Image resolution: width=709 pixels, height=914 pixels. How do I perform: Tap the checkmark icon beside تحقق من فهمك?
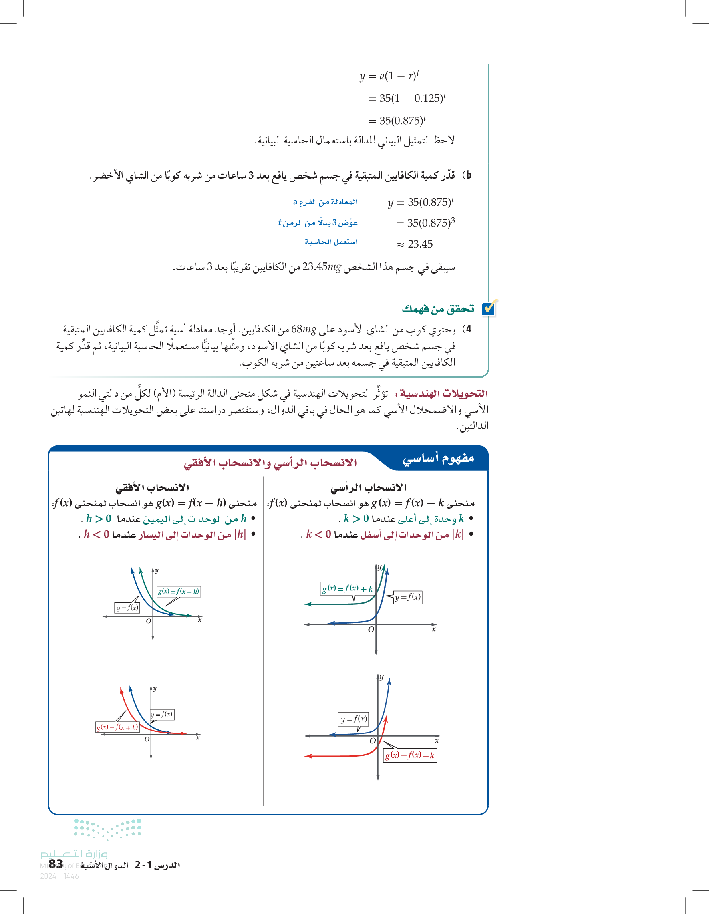pos(489,308)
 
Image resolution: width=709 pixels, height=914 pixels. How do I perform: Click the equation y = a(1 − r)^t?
pos(389,76)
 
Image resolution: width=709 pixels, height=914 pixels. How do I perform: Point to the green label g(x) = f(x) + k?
pos(347,588)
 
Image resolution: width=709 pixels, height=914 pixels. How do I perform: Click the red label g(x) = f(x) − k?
pos(410,755)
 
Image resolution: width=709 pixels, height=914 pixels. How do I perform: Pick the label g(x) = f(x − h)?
pos(179,591)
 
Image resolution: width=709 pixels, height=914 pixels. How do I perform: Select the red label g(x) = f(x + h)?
pos(117,727)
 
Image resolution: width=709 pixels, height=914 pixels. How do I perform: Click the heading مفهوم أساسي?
pos(438,458)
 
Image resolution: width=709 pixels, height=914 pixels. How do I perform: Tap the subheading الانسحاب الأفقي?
pos(152,487)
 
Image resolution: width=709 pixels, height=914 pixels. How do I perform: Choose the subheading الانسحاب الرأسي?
pos(368,487)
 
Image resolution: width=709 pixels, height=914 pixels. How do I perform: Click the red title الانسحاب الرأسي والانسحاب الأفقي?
pos(270,463)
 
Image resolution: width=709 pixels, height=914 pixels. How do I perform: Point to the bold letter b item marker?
pos(469,175)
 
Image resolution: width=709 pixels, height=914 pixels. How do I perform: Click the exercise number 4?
pos(468,329)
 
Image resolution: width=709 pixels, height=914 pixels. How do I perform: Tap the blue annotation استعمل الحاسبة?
pos(331,242)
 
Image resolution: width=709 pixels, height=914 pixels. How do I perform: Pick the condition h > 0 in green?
pos(99,519)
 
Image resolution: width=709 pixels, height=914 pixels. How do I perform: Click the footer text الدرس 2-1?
pos(157,865)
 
